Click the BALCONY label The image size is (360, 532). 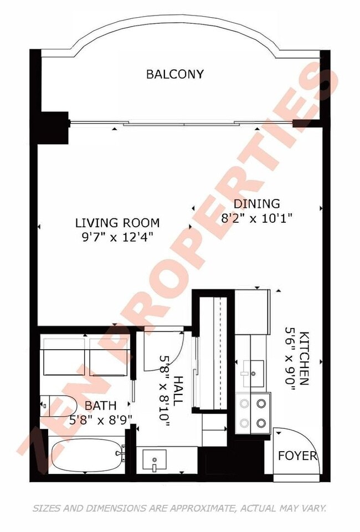175,74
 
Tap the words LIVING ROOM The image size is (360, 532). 117,223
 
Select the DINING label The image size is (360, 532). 256,203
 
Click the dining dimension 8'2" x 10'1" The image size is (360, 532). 256,218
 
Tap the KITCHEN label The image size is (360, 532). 304,359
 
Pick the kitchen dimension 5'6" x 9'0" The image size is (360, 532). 290,359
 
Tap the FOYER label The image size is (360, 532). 298,456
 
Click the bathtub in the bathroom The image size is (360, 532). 86,454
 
